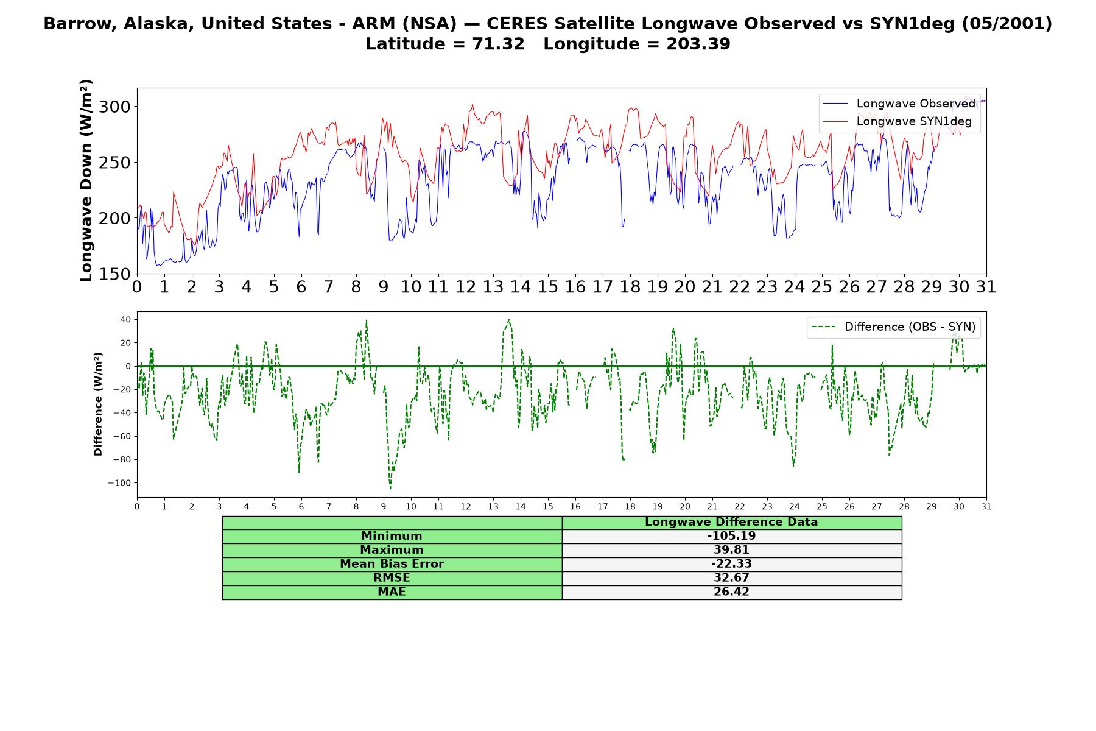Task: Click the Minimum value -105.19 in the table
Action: (731, 536)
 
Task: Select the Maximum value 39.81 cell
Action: (731, 550)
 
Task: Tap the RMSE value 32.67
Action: (731, 578)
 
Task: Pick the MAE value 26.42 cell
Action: (731, 592)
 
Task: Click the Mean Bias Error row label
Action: (392, 564)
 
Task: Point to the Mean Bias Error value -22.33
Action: (731, 564)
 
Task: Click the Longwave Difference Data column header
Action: (731, 522)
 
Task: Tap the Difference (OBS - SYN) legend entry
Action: (893, 327)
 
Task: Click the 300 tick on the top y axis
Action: (114, 107)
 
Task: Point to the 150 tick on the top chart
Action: (114, 274)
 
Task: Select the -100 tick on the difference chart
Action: (119, 483)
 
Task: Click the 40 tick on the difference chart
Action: (126, 319)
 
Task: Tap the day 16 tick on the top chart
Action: (575, 287)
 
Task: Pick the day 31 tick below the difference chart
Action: (986, 506)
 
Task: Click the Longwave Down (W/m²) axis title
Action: (86, 180)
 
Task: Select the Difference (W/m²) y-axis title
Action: (98, 404)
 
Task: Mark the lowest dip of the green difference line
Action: (390, 488)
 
